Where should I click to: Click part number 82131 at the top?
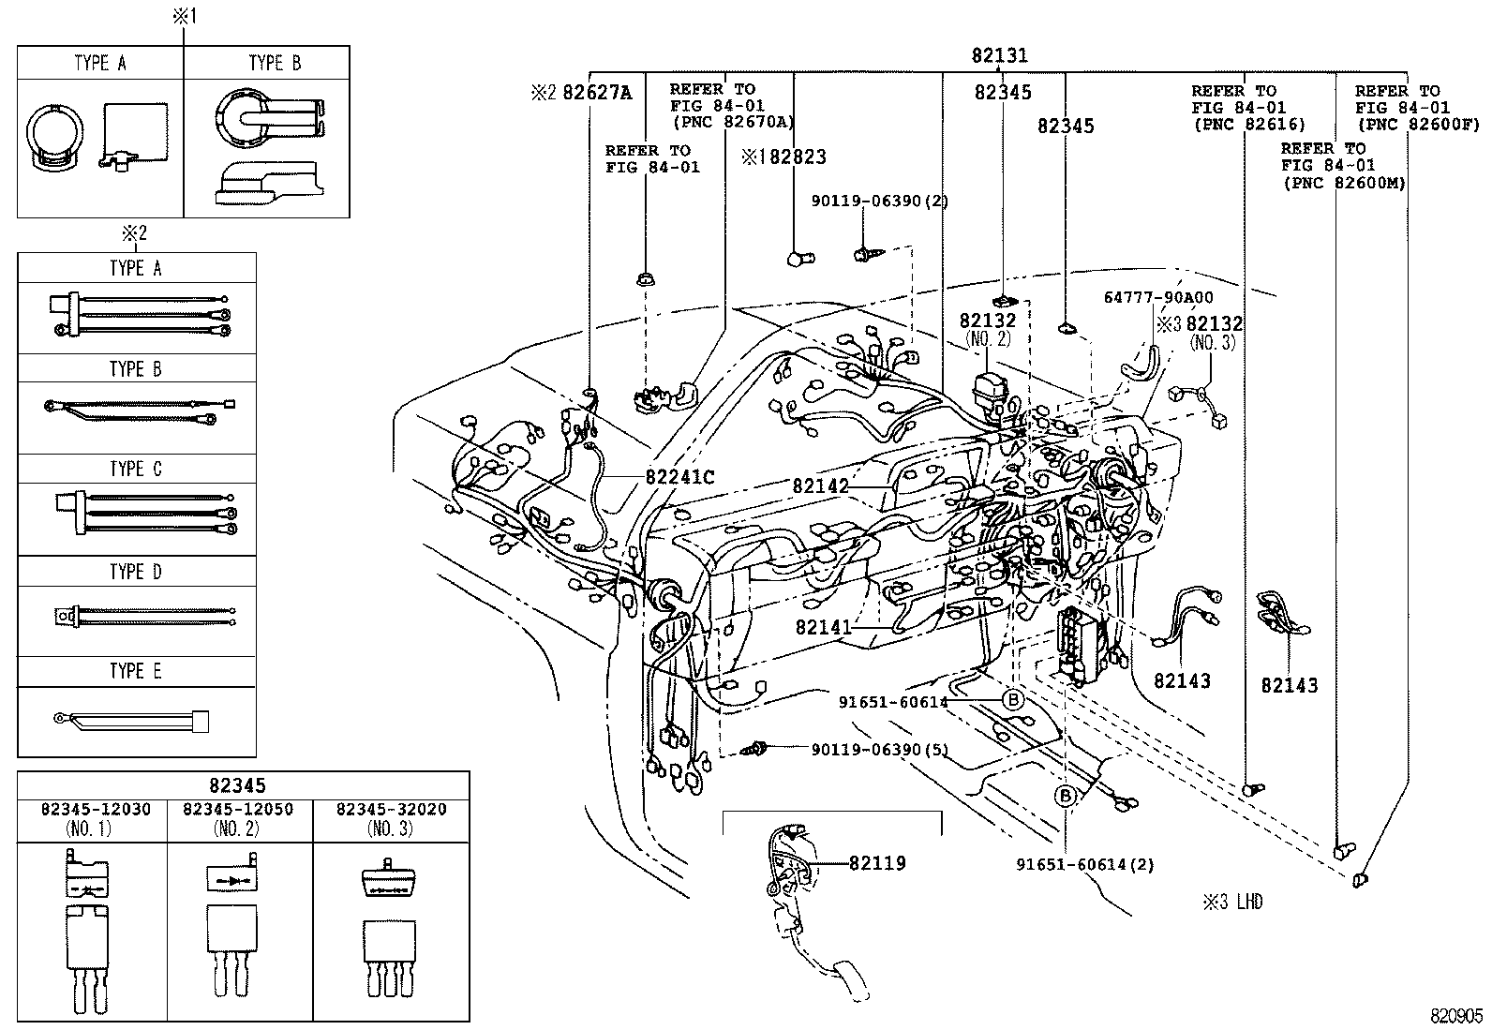click(x=999, y=56)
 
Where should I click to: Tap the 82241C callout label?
click(x=679, y=477)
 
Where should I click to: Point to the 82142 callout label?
click(x=820, y=485)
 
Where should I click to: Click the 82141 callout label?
click(x=824, y=627)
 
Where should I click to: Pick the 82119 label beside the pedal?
click(x=877, y=863)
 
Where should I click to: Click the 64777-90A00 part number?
click(x=1157, y=297)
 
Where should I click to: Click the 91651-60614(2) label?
click(x=1085, y=864)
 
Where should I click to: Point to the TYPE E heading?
click(x=136, y=671)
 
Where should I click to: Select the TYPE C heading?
click(x=136, y=469)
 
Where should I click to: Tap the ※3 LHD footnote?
click(x=1233, y=903)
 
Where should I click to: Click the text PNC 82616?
click(x=1248, y=125)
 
